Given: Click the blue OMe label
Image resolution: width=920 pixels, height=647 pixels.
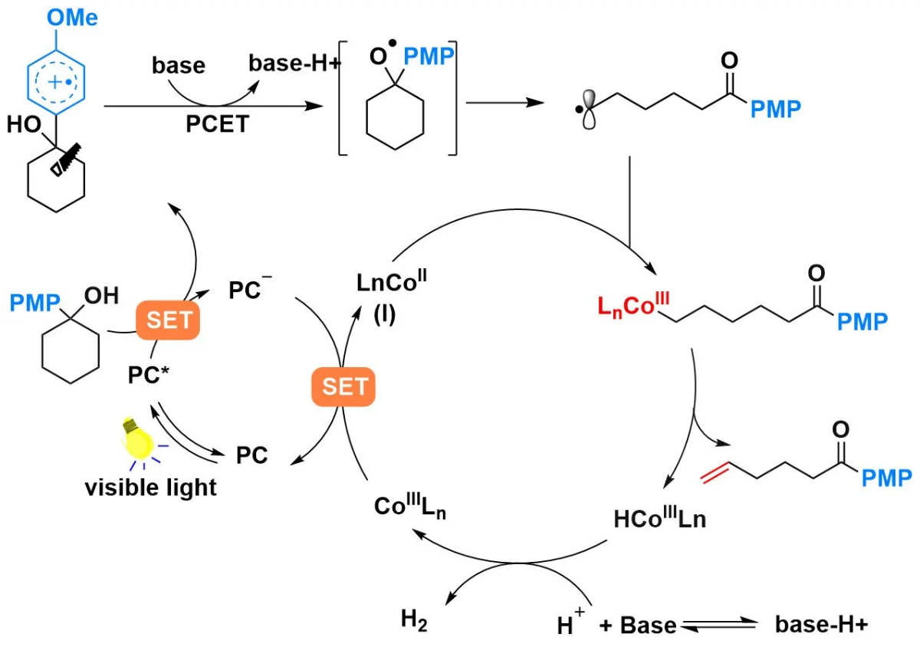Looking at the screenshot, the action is click(x=72, y=18).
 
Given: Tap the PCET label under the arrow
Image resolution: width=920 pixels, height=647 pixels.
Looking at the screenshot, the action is click(x=217, y=123).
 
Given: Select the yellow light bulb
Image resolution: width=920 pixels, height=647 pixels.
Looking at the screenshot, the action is click(x=137, y=439).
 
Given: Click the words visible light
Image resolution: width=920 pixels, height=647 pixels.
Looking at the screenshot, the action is click(x=151, y=488).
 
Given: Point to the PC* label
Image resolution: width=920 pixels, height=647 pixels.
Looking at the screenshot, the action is click(x=148, y=375).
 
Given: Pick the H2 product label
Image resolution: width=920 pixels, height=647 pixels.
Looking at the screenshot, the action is click(x=413, y=620).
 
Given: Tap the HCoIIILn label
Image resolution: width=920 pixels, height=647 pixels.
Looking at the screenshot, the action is click(x=660, y=518).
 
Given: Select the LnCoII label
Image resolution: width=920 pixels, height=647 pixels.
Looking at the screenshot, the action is click(x=392, y=281).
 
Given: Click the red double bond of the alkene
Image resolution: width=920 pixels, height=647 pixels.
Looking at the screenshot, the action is click(x=715, y=473).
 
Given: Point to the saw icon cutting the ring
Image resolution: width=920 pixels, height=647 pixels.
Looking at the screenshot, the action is click(x=66, y=159).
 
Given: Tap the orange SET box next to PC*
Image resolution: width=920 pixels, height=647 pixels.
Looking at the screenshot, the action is click(x=168, y=320).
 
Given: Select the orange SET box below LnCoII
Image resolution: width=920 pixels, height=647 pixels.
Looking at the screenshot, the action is click(x=343, y=386).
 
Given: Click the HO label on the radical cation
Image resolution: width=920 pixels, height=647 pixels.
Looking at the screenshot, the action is click(x=24, y=124).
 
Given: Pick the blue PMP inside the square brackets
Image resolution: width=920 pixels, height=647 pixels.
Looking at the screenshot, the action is click(x=429, y=56).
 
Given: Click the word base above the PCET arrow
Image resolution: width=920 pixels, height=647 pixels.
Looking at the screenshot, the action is click(x=179, y=65).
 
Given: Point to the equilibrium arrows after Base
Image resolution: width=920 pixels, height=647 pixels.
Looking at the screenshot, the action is click(x=719, y=625).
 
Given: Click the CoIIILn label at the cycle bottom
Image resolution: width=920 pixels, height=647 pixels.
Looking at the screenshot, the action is click(x=410, y=507).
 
